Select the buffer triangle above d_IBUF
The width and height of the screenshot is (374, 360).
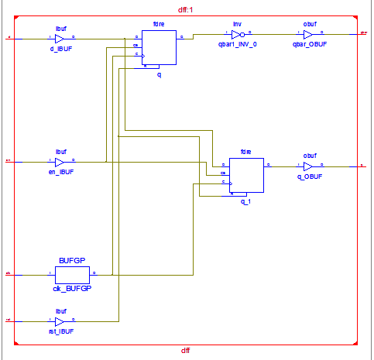pos(60,37)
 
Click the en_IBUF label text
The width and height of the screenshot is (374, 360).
pos(60,173)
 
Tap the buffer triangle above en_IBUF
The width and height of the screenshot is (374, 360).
pos(60,162)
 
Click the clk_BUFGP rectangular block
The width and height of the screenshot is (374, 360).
pos(72,274)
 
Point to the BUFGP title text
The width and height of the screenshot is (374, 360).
pos(71,262)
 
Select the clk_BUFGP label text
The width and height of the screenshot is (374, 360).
pos(72,287)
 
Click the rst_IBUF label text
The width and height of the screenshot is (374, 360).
pos(60,331)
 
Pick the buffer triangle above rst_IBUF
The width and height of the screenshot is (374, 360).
pos(60,319)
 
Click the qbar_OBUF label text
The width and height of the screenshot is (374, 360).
pos(309,45)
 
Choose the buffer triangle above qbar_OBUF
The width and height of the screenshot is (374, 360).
pos(308,35)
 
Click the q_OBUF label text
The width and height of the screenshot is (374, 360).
pos(309,177)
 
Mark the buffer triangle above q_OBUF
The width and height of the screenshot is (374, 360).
pos(308,166)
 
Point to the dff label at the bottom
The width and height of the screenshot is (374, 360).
pos(186,351)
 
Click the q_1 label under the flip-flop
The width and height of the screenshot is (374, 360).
pos(245,201)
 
